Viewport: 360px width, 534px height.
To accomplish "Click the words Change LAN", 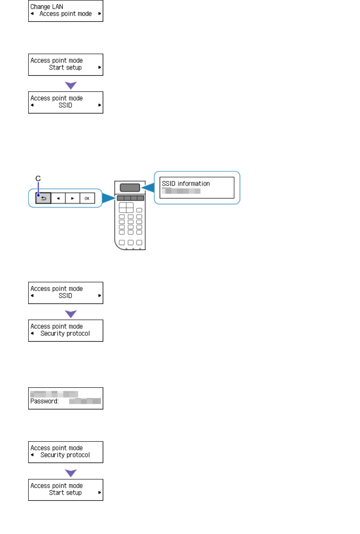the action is point(47,7).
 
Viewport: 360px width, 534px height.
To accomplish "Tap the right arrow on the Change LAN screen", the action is point(100,14).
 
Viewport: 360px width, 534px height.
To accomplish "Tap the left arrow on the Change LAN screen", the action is point(32,14).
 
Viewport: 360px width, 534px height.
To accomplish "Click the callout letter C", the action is point(38,178).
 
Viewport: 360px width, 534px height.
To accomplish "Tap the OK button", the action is point(87,198).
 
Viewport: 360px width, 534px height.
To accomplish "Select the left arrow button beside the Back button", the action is point(58,198).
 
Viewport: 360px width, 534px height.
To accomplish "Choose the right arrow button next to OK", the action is point(73,198).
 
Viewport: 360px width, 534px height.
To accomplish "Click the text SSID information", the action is point(185,184).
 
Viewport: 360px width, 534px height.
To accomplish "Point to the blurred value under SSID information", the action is point(181,191).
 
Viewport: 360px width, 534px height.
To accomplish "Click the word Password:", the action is point(44,401).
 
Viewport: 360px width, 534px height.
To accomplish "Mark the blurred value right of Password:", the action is point(85,401).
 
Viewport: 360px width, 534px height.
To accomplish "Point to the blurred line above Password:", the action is point(54,394).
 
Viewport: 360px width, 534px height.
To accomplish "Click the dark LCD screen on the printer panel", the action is point(130,188).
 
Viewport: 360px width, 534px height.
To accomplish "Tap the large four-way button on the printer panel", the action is point(126,207).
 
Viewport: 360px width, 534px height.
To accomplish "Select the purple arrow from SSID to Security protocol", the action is point(71,314).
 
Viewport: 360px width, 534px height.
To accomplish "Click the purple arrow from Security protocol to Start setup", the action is point(71,473).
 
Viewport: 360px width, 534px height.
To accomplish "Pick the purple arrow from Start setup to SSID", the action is point(71,85).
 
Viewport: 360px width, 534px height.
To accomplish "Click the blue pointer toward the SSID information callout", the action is point(148,188).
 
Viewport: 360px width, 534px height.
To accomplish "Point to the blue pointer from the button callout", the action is point(109,198).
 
